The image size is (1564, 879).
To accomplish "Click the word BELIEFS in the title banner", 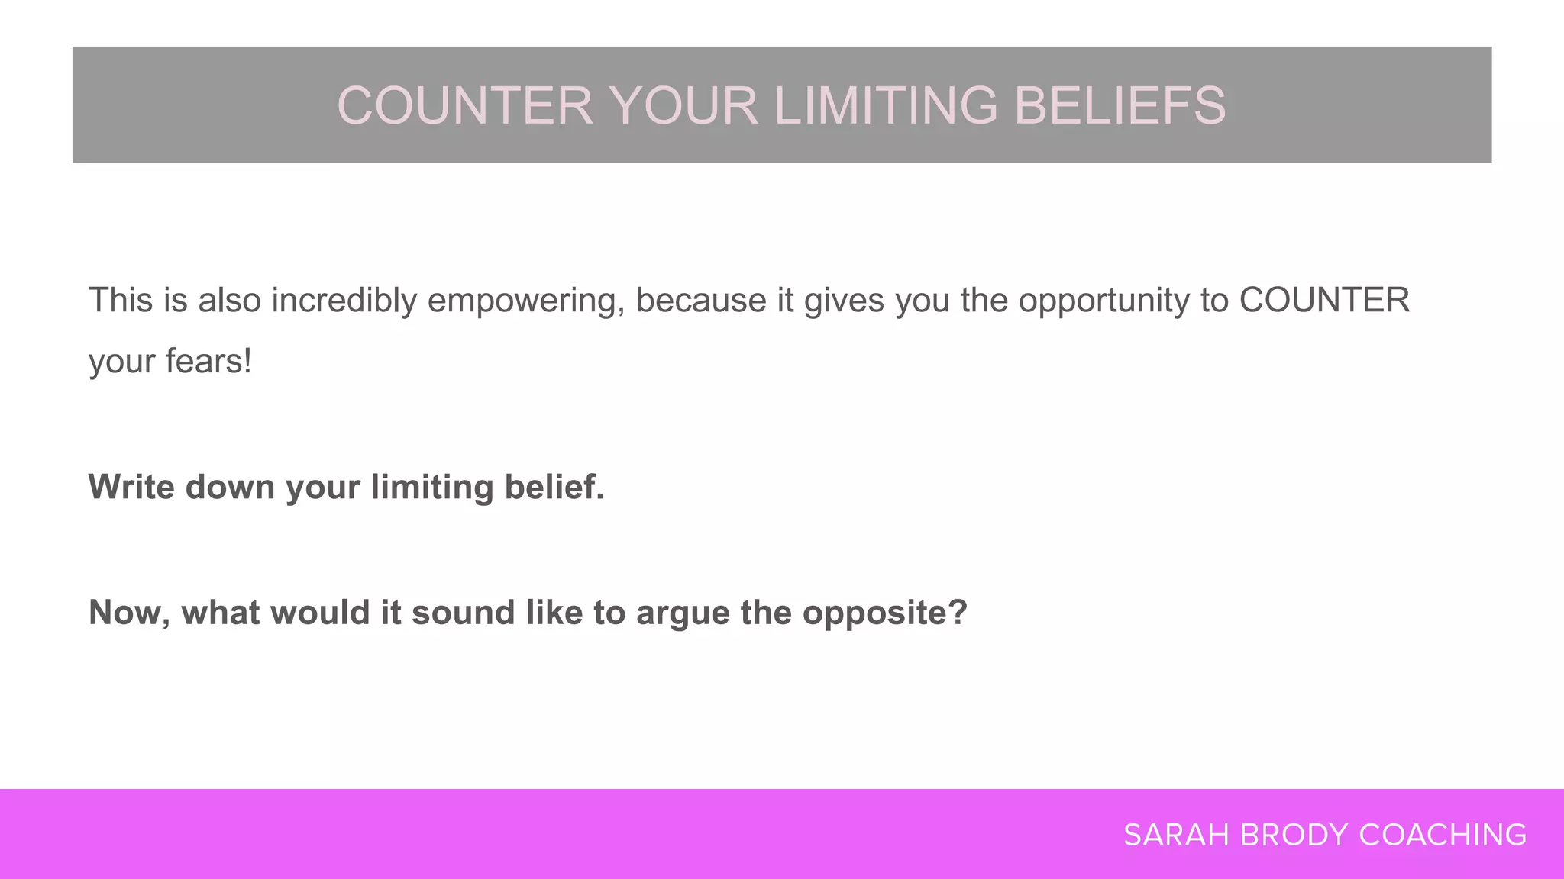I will pos(1120,105).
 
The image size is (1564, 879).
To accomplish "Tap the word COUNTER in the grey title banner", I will pos(464,105).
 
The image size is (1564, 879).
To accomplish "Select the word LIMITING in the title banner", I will pos(886,105).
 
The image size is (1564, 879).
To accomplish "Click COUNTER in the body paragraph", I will pos(1324,301).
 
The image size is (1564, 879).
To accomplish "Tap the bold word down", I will pos(230,487).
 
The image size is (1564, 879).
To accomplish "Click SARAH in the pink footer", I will pos(1176,836).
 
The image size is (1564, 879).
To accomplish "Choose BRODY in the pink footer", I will pos(1294,836).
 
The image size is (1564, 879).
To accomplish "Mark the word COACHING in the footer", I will pos(1443,836).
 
